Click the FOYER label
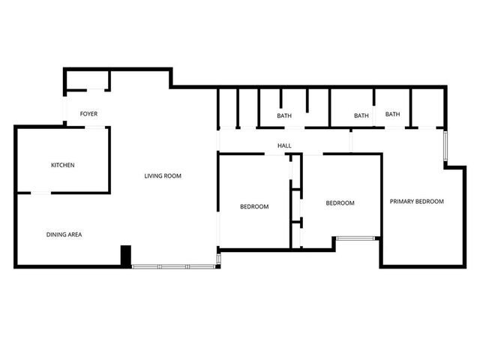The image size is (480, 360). click(x=88, y=114)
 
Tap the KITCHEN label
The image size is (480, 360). click(x=63, y=165)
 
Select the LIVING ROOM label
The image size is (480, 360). click(x=163, y=176)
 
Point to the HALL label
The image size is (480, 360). click(x=284, y=145)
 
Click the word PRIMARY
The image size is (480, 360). click(x=402, y=201)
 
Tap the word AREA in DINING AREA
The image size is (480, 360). click(x=75, y=235)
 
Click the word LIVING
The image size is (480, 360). click(x=154, y=176)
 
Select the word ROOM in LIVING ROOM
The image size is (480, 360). click(x=173, y=176)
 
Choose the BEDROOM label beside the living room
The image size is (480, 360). click(x=254, y=206)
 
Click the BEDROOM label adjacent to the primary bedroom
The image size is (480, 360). click(x=340, y=203)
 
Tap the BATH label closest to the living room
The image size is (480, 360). click(x=284, y=115)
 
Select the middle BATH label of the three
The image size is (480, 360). click(x=361, y=115)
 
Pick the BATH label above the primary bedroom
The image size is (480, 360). click(x=393, y=114)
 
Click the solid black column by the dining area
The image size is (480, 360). click(x=126, y=256)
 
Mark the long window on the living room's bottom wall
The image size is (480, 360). click(x=174, y=265)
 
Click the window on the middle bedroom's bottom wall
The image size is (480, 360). click(x=357, y=238)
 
